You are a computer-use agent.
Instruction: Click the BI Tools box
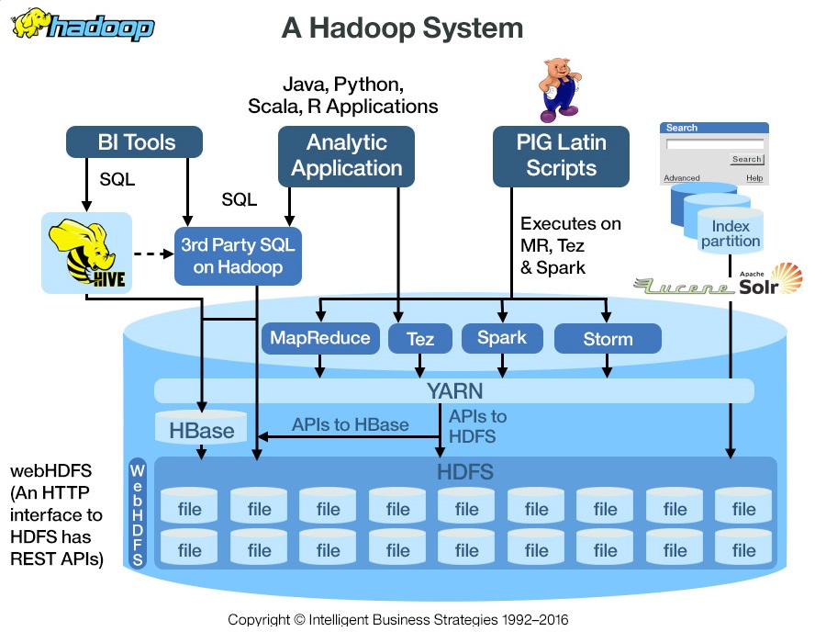(136, 142)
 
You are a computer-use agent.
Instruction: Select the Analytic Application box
(346, 155)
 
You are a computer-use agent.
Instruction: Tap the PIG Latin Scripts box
(561, 155)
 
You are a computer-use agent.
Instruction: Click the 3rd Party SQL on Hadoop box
(238, 255)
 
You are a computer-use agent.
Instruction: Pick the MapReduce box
(320, 338)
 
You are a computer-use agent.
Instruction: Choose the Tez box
(420, 339)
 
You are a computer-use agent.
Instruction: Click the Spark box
(502, 338)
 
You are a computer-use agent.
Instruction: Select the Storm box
(608, 339)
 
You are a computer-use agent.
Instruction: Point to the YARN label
(454, 391)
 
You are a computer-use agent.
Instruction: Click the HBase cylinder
(201, 429)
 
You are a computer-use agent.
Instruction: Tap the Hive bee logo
(87, 254)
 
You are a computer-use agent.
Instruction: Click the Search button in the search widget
(746, 159)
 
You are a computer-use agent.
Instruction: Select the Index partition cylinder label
(731, 233)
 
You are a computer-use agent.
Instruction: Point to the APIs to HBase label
(350, 424)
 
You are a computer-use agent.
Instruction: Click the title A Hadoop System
(402, 28)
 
